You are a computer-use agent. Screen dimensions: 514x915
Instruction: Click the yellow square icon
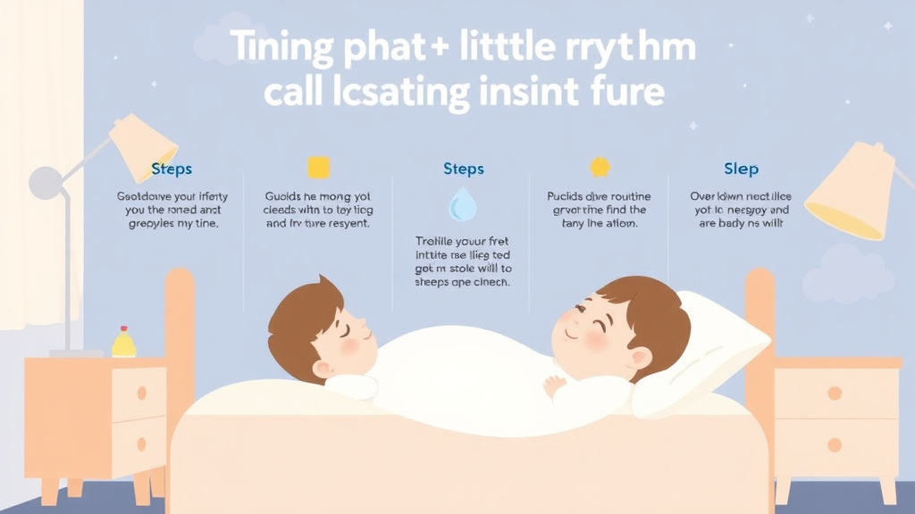tap(319, 168)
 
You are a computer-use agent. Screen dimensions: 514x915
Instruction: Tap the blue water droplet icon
tap(462, 205)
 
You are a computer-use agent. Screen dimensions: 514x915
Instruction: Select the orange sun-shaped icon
tap(599, 167)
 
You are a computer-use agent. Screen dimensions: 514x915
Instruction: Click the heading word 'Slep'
tap(741, 169)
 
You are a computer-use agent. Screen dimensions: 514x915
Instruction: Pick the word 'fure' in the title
tap(628, 91)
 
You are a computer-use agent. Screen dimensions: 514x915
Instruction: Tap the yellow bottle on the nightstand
tap(123, 342)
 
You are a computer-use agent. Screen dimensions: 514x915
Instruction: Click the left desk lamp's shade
tap(144, 146)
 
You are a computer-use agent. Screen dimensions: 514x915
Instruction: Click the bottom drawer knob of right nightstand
tap(835, 444)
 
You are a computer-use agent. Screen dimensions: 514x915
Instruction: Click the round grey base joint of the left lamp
tap(46, 182)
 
